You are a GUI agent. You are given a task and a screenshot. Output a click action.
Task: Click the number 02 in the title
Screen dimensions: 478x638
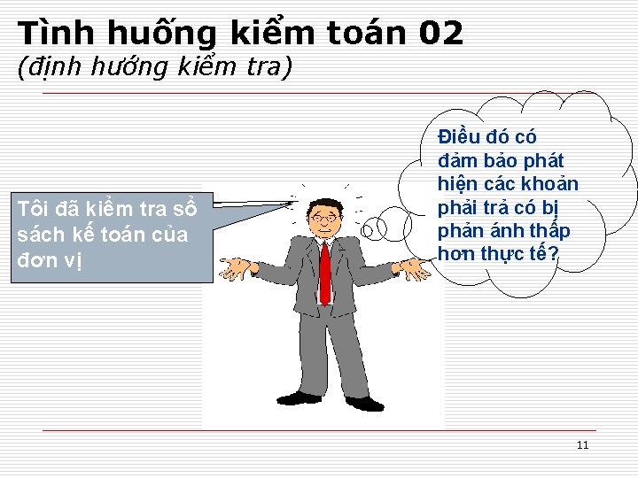coord(440,34)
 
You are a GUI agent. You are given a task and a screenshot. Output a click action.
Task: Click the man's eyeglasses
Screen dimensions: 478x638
coord(324,218)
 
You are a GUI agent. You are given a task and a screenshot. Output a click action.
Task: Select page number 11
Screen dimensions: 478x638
coord(582,444)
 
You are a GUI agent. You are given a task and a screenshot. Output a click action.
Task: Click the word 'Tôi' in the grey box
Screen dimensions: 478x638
coord(34,209)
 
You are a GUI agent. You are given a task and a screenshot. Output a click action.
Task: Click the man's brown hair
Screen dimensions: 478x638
coord(325,204)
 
